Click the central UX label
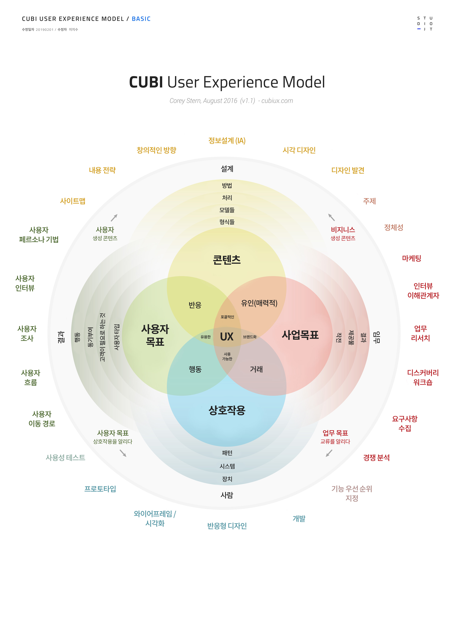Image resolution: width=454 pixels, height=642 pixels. pyautogui.click(x=227, y=337)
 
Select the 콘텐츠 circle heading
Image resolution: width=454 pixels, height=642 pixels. pyautogui.click(x=227, y=260)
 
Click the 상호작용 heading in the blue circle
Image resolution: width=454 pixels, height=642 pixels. pyautogui.click(x=227, y=410)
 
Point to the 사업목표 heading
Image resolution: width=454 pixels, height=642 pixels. pyautogui.click(x=300, y=335)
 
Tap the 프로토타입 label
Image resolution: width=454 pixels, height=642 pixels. pyautogui.click(x=100, y=489)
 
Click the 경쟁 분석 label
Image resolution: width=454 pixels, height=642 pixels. pyautogui.click(x=376, y=458)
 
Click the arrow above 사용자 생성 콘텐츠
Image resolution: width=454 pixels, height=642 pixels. pyautogui.click(x=114, y=218)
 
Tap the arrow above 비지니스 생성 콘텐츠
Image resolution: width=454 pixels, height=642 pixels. pyautogui.click(x=332, y=217)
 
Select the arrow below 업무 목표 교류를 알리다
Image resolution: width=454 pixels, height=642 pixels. pyautogui.click(x=329, y=453)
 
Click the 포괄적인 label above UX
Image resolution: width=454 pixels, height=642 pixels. pyautogui.click(x=227, y=317)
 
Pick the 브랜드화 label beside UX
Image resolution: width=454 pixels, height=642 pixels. pyautogui.click(x=250, y=337)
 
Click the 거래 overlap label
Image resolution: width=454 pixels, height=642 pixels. pyautogui.click(x=256, y=369)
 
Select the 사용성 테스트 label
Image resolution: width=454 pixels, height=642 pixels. pyautogui.click(x=66, y=458)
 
